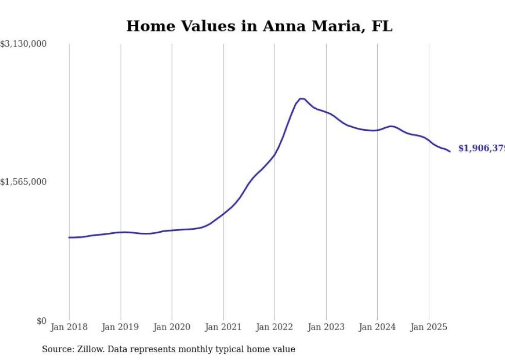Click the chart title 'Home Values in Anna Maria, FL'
tap(259, 26)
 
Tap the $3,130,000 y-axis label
tap(23, 44)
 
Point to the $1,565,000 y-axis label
tap(23, 182)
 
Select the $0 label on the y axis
tap(41, 321)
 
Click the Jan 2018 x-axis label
tap(69, 327)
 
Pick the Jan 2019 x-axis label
tap(121, 327)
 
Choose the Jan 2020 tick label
tap(172, 327)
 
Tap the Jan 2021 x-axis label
tap(223, 327)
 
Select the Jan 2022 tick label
tap(275, 327)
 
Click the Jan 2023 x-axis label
tap(326, 327)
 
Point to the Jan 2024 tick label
tap(377, 327)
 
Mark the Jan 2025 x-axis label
tap(429, 327)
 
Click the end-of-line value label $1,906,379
tap(481, 148)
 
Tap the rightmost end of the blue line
tap(450, 151)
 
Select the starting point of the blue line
tap(69, 237)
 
